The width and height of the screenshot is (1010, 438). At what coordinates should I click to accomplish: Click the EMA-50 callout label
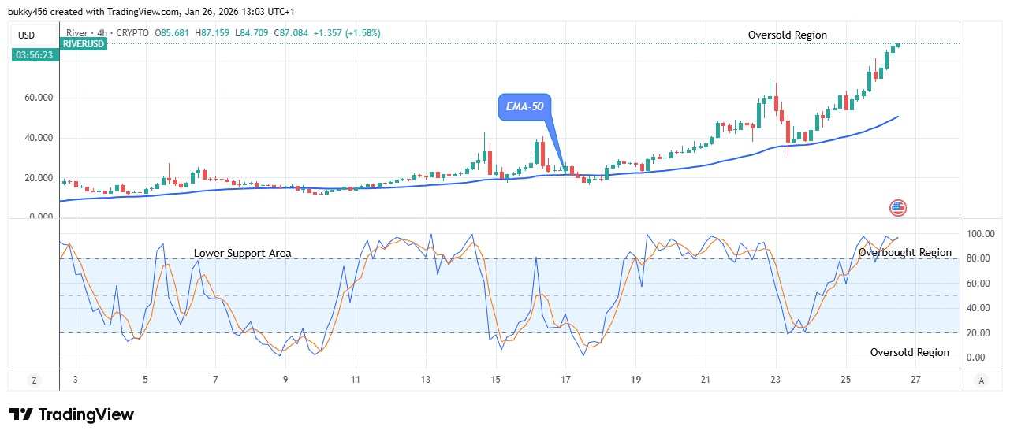pos(524,106)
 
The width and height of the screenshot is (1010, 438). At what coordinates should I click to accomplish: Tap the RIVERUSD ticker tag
pos(83,44)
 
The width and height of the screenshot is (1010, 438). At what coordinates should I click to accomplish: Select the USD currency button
pos(26,35)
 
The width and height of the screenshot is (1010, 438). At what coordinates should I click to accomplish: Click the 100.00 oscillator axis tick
pos(981,234)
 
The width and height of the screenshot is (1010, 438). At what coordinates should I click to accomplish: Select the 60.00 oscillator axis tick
pos(978,284)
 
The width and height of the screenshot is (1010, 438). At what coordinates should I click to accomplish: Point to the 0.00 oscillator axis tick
pos(976,358)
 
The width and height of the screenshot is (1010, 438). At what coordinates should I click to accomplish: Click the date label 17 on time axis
pos(565,380)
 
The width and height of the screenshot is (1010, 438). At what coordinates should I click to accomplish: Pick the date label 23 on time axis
pos(775,380)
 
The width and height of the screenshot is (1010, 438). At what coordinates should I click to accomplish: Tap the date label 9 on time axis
pos(285,380)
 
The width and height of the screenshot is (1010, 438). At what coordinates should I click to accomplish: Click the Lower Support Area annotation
pos(243,254)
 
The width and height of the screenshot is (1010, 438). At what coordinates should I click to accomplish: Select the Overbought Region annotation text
pos(905,253)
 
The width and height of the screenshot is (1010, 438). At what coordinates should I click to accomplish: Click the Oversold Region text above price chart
pos(788,35)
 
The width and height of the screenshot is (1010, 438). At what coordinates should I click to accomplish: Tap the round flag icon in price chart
pos(898,208)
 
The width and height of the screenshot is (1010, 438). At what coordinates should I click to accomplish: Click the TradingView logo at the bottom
pos(72,414)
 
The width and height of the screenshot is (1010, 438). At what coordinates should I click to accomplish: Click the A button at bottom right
pos(981,380)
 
